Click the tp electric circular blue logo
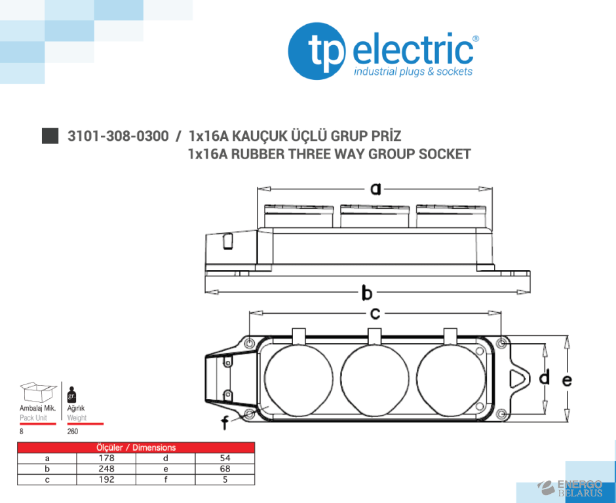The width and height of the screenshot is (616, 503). point(317,51)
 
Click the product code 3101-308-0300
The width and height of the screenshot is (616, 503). point(118,136)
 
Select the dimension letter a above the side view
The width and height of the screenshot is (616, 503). point(375,189)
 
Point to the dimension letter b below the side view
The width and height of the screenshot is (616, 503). point(367,292)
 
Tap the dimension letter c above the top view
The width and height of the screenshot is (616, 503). point(375,314)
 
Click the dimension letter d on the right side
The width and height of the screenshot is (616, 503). point(544,377)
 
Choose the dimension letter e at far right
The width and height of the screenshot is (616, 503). point(566,379)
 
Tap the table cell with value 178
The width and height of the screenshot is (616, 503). point(106,458)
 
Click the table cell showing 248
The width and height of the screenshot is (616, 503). point(106,468)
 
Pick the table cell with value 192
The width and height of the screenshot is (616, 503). point(106,479)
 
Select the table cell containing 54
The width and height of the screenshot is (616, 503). point(225,458)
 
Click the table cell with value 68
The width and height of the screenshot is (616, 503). point(225,468)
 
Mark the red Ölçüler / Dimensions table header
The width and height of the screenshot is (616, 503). point(136,447)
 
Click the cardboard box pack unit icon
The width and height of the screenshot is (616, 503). point(38,392)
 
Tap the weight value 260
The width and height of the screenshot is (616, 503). point(72,432)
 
